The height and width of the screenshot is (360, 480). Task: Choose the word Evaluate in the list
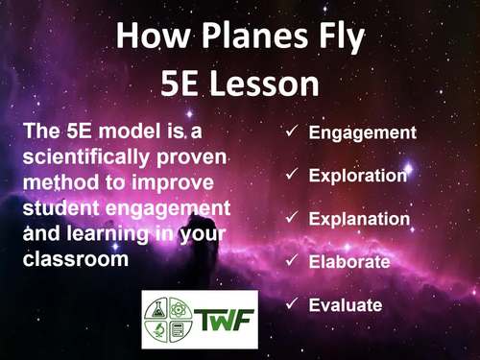pyautogui.click(x=346, y=305)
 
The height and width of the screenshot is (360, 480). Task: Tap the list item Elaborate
pyautogui.click(x=348, y=262)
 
